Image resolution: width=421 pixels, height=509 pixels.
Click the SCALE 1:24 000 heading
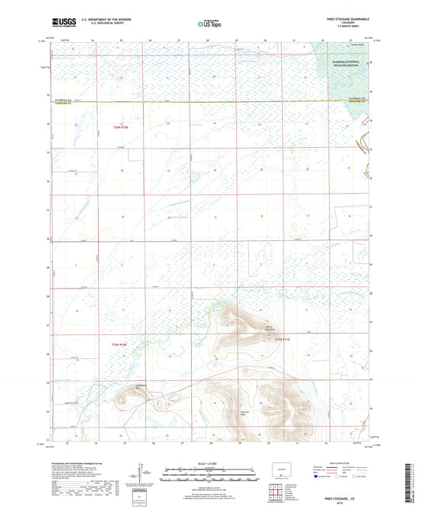[x=210, y=464]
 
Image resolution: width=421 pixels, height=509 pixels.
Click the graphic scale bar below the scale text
[x=210, y=477]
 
